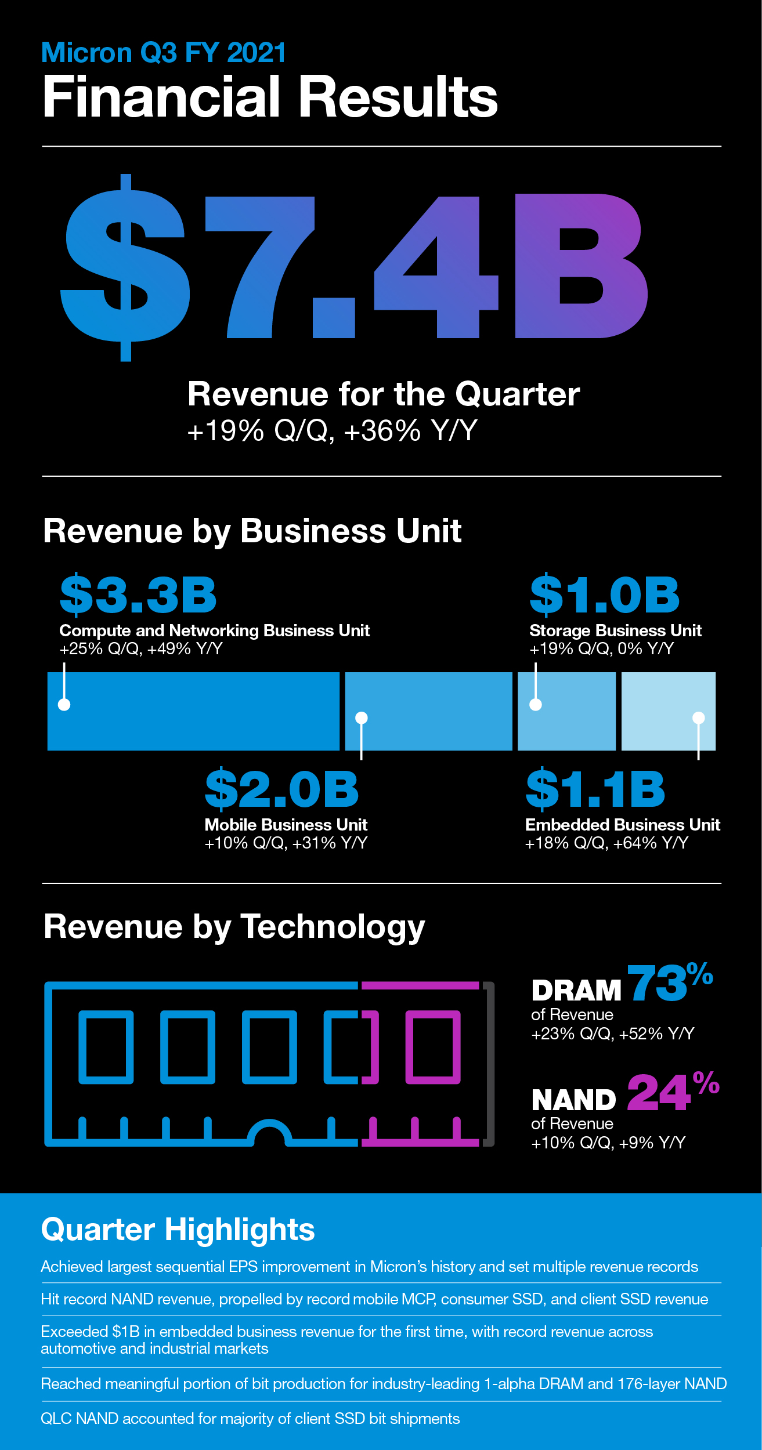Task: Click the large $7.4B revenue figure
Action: click(354, 267)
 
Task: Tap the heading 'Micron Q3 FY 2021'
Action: click(164, 53)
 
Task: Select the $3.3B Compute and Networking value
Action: click(138, 595)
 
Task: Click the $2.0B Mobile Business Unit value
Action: click(282, 789)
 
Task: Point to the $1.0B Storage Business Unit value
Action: click(604, 595)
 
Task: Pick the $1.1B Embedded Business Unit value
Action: click(595, 789)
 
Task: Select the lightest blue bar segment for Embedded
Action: click(667, 711)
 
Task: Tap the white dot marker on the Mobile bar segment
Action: click(362, 718)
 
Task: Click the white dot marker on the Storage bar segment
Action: click(536, 705)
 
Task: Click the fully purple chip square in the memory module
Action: click(433, 1047)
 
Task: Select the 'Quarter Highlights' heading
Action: click(178, 1230)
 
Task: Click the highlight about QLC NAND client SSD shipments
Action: click(250, 1419)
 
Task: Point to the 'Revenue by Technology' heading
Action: click(234, 926)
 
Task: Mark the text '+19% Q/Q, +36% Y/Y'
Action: click(332, 430)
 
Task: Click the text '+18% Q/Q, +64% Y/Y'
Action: click(606, 843)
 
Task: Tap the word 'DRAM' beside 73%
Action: click(576, 991)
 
